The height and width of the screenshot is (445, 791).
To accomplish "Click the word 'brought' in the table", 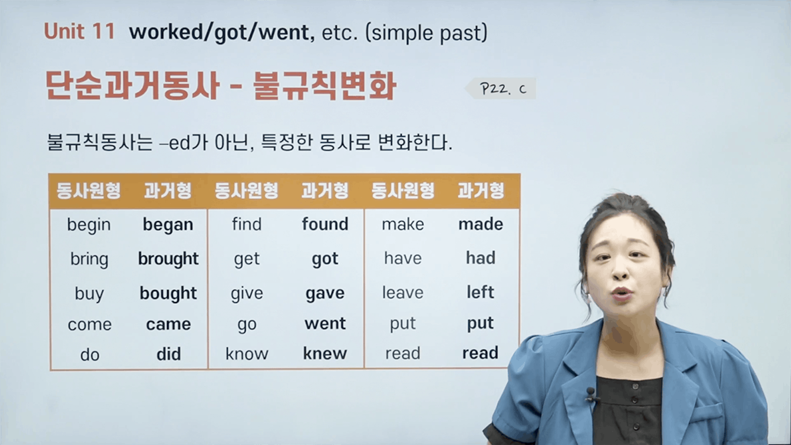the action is point(168,259).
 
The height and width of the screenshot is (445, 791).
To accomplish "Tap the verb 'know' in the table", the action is point(247,354).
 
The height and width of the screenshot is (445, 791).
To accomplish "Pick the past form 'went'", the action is point(325,323).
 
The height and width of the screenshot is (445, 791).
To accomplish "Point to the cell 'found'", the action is point(325,224).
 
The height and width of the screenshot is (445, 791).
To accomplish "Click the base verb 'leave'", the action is point(402,292).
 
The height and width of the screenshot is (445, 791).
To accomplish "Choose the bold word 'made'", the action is point(481,224).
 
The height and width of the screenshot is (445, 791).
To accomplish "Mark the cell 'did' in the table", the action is point(169,354).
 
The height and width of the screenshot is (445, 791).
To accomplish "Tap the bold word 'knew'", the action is point(325,353).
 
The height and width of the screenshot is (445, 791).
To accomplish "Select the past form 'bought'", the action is point(168,294).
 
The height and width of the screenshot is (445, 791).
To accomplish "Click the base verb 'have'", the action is point(402,258).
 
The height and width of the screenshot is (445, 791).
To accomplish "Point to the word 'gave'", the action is point(325,294).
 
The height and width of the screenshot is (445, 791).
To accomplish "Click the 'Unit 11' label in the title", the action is point(80,31).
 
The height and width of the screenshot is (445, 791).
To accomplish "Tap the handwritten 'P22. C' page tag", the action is point(503,89).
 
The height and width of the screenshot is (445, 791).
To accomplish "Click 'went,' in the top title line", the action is point(287,33).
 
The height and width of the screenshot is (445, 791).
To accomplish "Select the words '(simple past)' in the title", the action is point(426,33).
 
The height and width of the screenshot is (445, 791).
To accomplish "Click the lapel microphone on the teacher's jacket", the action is point(591,394).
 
